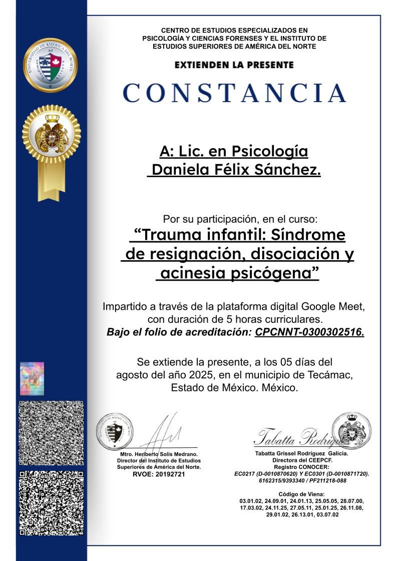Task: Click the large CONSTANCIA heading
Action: click(234, 93)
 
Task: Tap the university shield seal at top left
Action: click(51, 66)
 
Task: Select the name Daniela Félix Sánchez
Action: click(236, 170)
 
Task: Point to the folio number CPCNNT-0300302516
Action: click(309, 332)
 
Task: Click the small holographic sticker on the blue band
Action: click(32, 378)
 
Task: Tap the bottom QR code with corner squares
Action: click(51, 503)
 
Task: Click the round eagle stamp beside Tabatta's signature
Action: click(351, 429)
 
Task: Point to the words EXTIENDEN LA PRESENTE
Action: click(234, 65)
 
